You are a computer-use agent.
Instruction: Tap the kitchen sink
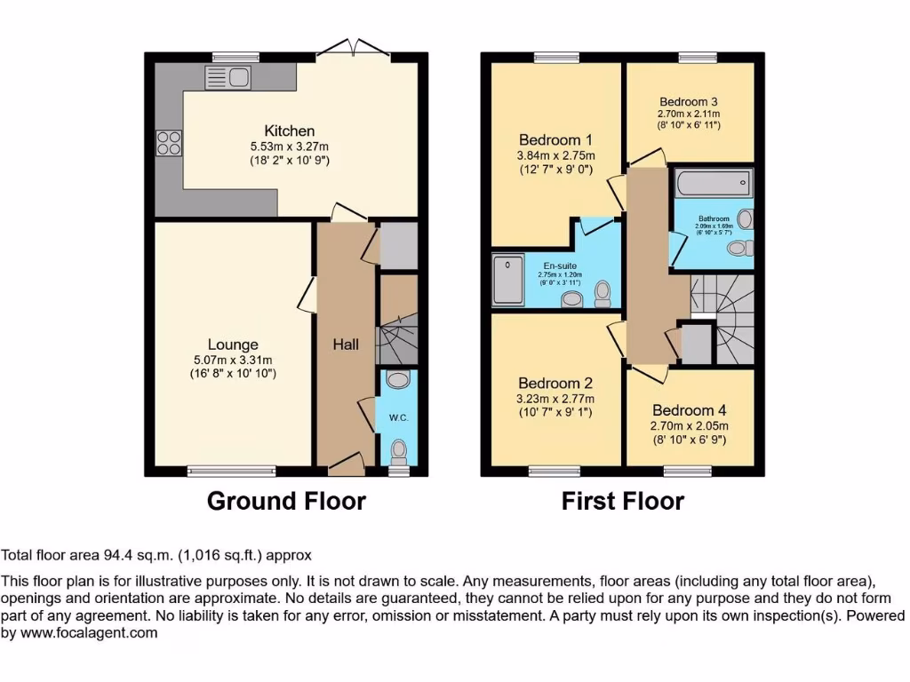coord(228,76)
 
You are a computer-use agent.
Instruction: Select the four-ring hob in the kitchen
coord(168,143)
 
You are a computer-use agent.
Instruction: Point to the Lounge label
coord(233,345)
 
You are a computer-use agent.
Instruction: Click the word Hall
coord(346,344)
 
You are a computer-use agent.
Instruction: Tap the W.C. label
coord(396,417)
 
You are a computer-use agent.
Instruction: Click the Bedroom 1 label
coord(555,139)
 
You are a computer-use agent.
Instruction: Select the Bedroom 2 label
coord(555,384)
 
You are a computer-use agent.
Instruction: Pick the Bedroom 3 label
coord(689,101)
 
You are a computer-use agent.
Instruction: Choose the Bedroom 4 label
coord(689,410)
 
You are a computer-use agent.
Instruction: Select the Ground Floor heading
coord(286,501)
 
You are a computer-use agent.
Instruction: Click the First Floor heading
coord(622,501)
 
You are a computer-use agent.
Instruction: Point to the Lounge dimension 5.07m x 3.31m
coord(233,360)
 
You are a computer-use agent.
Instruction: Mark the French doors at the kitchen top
coord(355,47)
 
